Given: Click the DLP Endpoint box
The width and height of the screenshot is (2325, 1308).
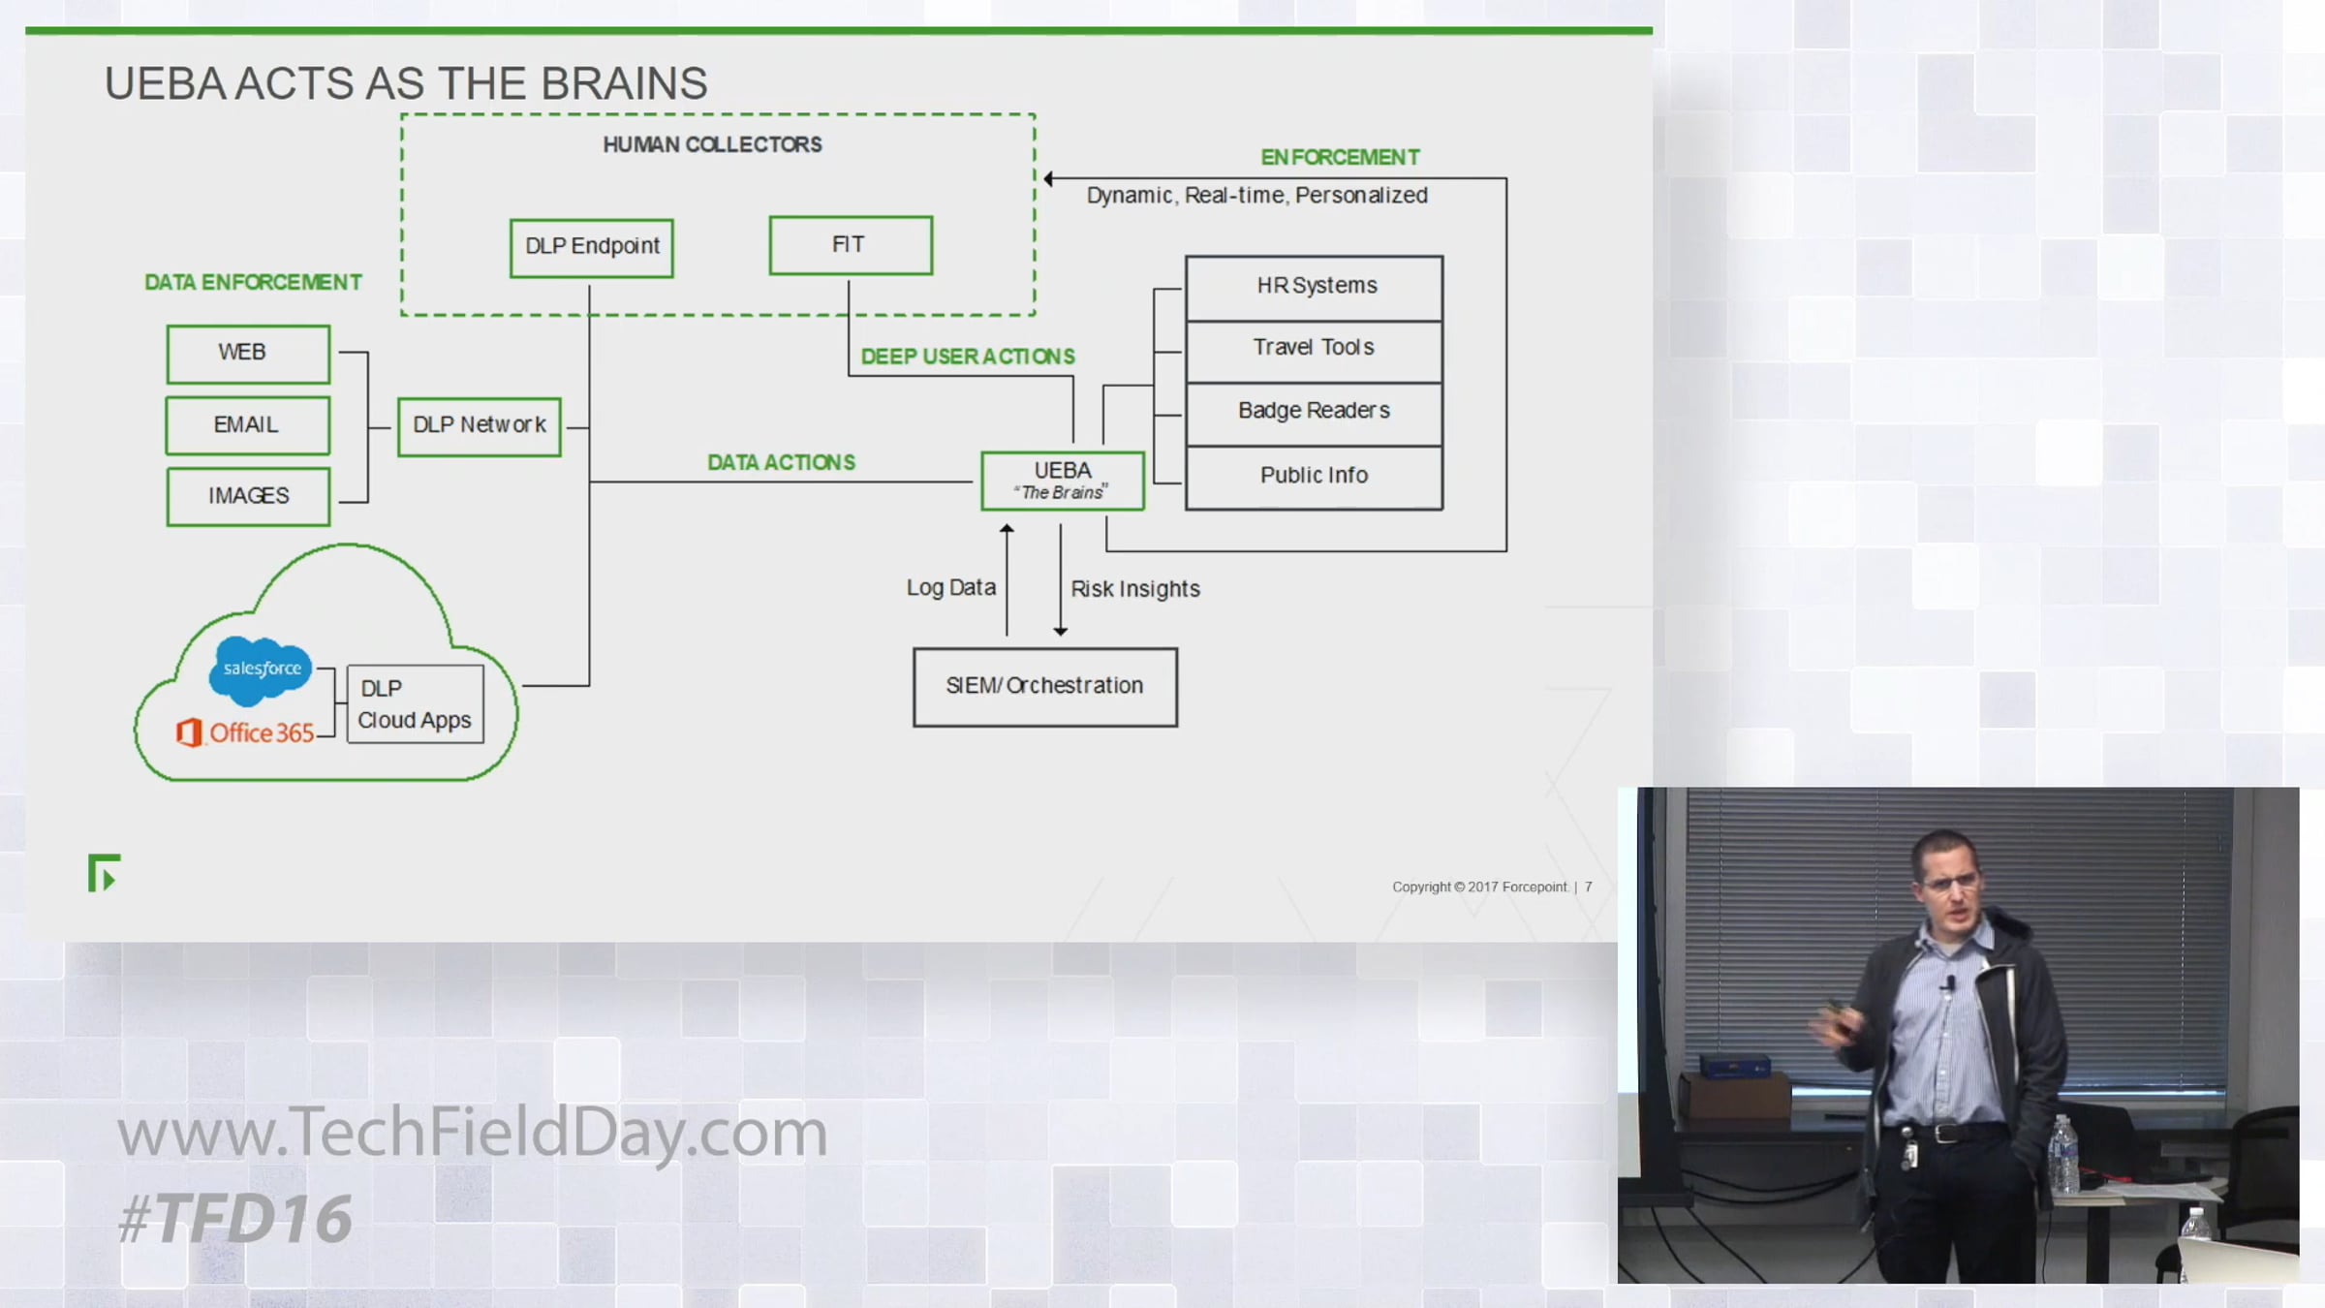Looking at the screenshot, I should [591, 248].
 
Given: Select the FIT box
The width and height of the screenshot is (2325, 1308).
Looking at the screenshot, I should [851, 245].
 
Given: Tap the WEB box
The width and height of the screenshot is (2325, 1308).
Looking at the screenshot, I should [248, 354].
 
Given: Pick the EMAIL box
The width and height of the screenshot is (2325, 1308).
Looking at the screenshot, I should [248, 425].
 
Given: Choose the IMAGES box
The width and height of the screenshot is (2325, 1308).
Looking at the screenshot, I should [248, 496].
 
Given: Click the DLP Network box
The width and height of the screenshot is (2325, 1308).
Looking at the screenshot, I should [479, 426].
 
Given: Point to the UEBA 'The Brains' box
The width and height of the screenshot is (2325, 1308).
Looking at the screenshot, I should [1063, 481].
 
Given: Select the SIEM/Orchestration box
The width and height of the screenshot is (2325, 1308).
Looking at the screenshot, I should [1044, 687].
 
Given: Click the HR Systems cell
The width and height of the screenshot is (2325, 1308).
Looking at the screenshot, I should [1314, 287].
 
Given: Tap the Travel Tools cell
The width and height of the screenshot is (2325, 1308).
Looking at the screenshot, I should [1314, 349].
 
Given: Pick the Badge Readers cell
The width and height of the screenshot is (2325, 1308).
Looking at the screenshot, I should [1314, 412].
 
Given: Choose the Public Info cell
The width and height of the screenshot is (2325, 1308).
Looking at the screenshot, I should [1314, 476].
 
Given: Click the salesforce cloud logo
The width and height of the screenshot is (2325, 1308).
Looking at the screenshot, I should [261, 670].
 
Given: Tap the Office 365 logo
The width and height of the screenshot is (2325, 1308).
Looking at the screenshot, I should [246, 732].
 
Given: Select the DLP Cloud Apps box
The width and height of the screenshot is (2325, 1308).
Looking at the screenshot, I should [415, 704].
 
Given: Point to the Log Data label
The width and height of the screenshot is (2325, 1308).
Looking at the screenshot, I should [950, 588].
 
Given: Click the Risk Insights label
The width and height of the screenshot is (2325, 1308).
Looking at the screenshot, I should [1134, 589].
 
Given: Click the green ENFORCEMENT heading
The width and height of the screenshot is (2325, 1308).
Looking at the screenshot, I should [1339, 157].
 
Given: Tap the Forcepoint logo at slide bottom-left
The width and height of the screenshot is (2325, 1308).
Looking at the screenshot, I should [104, 873].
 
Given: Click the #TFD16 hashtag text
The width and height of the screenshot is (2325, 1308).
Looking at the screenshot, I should [235, 1218].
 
